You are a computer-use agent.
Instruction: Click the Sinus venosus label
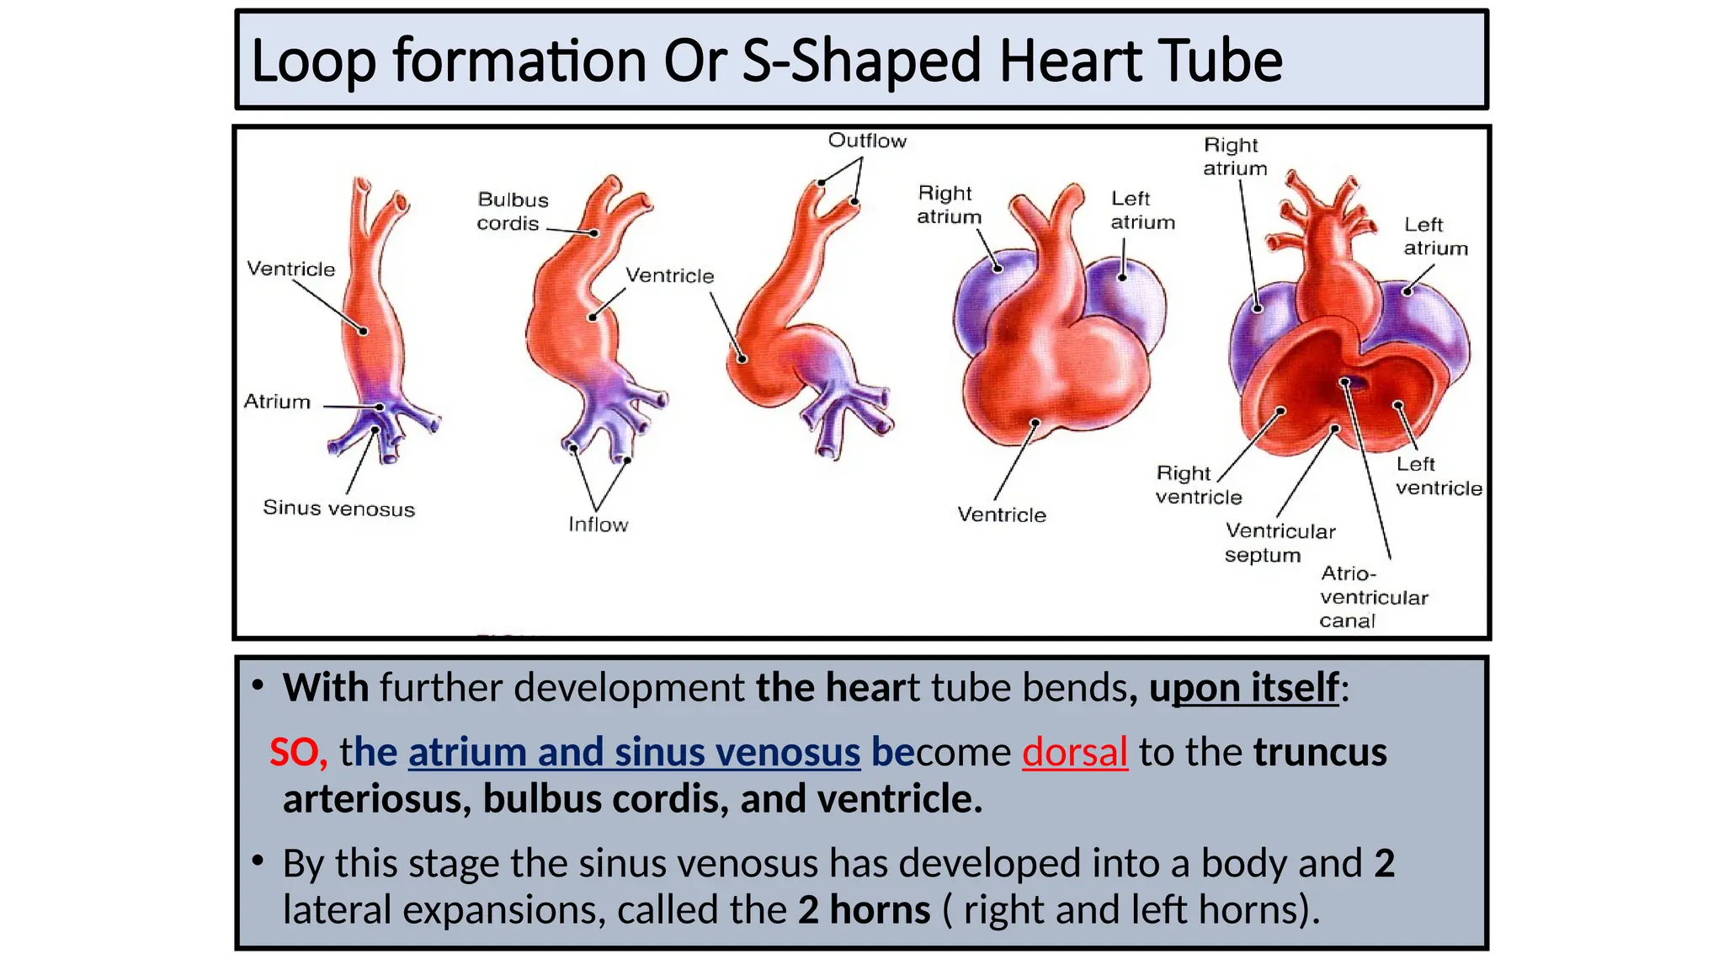pyautogui.click(x=338, y=508)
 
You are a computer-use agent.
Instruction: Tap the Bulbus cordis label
pyautogui.click(x=512, y=211)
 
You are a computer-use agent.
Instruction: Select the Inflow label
pyautogui.click(x=598, y=525)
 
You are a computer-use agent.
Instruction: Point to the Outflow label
pyautogui.click(x=867, y=141)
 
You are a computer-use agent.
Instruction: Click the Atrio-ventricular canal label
pyautogui.click(x=1373, y=597)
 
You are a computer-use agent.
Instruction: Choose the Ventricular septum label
pyautogui.click(x=1280, y=543)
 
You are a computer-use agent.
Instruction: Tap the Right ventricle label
pyautogui.click(x=1198, y=485)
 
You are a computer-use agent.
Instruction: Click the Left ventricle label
pyautogui.click(x=1438, y=476)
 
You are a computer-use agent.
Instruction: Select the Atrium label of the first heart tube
pyautogui.click(x=277, y=402)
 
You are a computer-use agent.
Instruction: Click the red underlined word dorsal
pyautogui.click(x=1074, y=752)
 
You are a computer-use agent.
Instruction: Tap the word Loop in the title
pyautogui.click(x=313, y=61)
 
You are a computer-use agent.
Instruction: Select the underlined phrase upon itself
pyautogui.click(x=1244, y=687)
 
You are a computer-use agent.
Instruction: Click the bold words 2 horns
pyautogui.click(x=864, y=909)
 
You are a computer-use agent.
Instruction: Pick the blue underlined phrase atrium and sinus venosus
pyautogui.click(x=634, y=752)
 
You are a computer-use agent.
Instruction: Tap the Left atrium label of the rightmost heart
pyautogui.click(x=1434, y=237)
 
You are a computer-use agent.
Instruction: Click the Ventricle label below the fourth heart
pyautogui.click(x=1001, y=514)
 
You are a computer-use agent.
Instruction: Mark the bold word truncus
pyautogui.click(x=1319, y=752)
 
